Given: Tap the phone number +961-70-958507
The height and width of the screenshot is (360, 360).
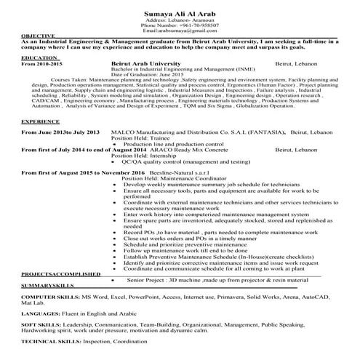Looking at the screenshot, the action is tap(195, 25).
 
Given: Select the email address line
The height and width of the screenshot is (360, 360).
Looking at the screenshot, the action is tap(180, 31).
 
